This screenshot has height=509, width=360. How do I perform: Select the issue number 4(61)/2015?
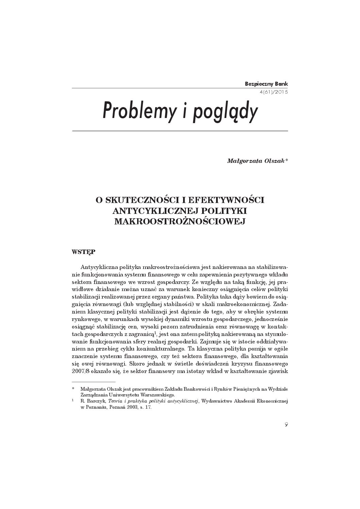pos(274,92)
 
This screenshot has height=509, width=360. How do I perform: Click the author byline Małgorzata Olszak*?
pos(257,161)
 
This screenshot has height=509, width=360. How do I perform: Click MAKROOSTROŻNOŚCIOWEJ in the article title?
pos(180,221)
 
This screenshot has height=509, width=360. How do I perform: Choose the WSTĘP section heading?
pos(84,252)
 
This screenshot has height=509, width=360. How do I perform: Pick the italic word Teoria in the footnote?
pos(117,401)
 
